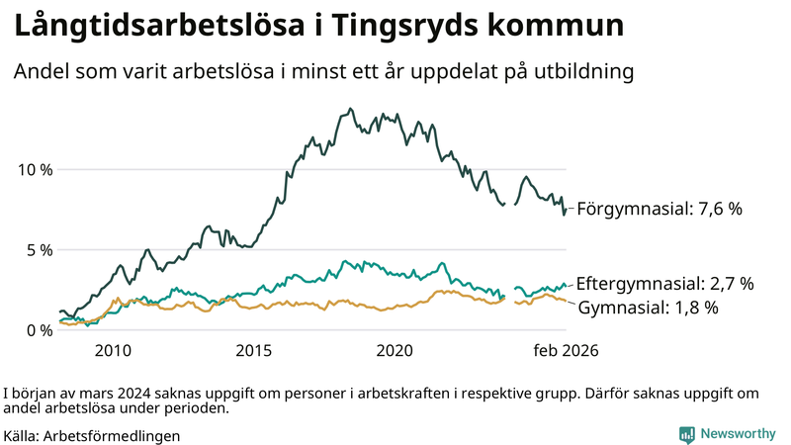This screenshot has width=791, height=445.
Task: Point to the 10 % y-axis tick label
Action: [36, 169]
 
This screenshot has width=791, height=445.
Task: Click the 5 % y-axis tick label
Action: [40, 250]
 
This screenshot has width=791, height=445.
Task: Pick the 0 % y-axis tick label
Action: [40, 330]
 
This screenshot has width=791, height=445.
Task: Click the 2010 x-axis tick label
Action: [113, 351]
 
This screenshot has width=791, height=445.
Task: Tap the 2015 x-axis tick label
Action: [254, 351]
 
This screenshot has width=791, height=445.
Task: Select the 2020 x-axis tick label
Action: [395, 351]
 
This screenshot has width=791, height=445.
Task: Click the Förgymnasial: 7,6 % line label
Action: [659, 209]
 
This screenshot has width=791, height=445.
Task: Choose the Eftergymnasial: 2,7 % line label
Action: [664, 284]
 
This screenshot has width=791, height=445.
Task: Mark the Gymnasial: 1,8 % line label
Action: [647, 308]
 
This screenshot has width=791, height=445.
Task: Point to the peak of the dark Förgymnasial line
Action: [353, 110]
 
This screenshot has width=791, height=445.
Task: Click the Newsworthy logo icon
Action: [686, 434]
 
